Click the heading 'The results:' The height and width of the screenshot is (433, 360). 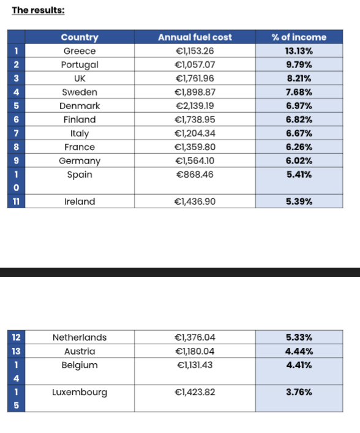click(38, 10)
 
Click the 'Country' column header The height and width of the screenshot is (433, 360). click(80, 37)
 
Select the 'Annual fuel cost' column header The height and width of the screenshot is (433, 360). click(195, 37)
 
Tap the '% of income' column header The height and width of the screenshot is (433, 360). click(299, 37)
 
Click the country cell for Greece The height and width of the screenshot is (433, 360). click(80, 51)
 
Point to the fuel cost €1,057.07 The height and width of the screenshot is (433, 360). click(195, 65)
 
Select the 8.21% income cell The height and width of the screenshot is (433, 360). click(299, 78)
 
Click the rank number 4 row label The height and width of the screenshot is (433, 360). click(17, 92)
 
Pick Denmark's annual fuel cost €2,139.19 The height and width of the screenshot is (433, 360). click(195, 106)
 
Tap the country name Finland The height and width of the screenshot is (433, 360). click(80, 119)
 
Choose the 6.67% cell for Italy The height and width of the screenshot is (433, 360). click(299, 134)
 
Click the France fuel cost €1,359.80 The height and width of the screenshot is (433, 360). click(195, 147)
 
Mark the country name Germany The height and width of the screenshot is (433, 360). click(80, 161)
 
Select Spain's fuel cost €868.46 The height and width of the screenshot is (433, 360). click(195, 175)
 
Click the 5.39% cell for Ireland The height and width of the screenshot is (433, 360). click(299, 201)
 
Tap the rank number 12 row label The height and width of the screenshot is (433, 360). click(17, 337)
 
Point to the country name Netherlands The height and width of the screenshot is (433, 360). click(80, 337)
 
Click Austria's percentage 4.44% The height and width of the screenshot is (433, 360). click(299, 352)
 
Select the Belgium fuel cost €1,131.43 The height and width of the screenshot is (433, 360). click(195, 365)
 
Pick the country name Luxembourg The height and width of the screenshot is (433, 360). click(80, 393)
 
